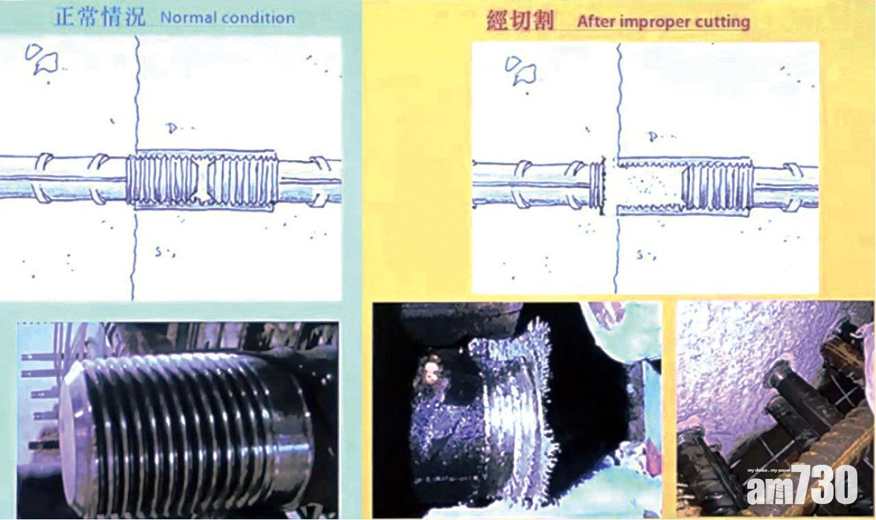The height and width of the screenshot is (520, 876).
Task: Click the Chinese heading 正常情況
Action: point(100,17)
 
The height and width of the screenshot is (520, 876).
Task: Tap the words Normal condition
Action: point(228,18)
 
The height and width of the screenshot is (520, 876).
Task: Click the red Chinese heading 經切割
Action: point(521,21)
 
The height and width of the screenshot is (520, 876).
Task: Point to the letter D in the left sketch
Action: point(171,128)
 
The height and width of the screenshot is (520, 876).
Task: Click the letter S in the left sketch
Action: point(158,252)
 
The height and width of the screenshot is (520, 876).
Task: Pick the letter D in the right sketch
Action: point(652,136)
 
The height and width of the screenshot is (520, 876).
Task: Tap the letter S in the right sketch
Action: point(639,255)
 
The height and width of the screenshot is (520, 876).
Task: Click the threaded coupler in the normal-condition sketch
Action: point(203,180)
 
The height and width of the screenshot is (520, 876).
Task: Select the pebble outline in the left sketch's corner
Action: point(42,59)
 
